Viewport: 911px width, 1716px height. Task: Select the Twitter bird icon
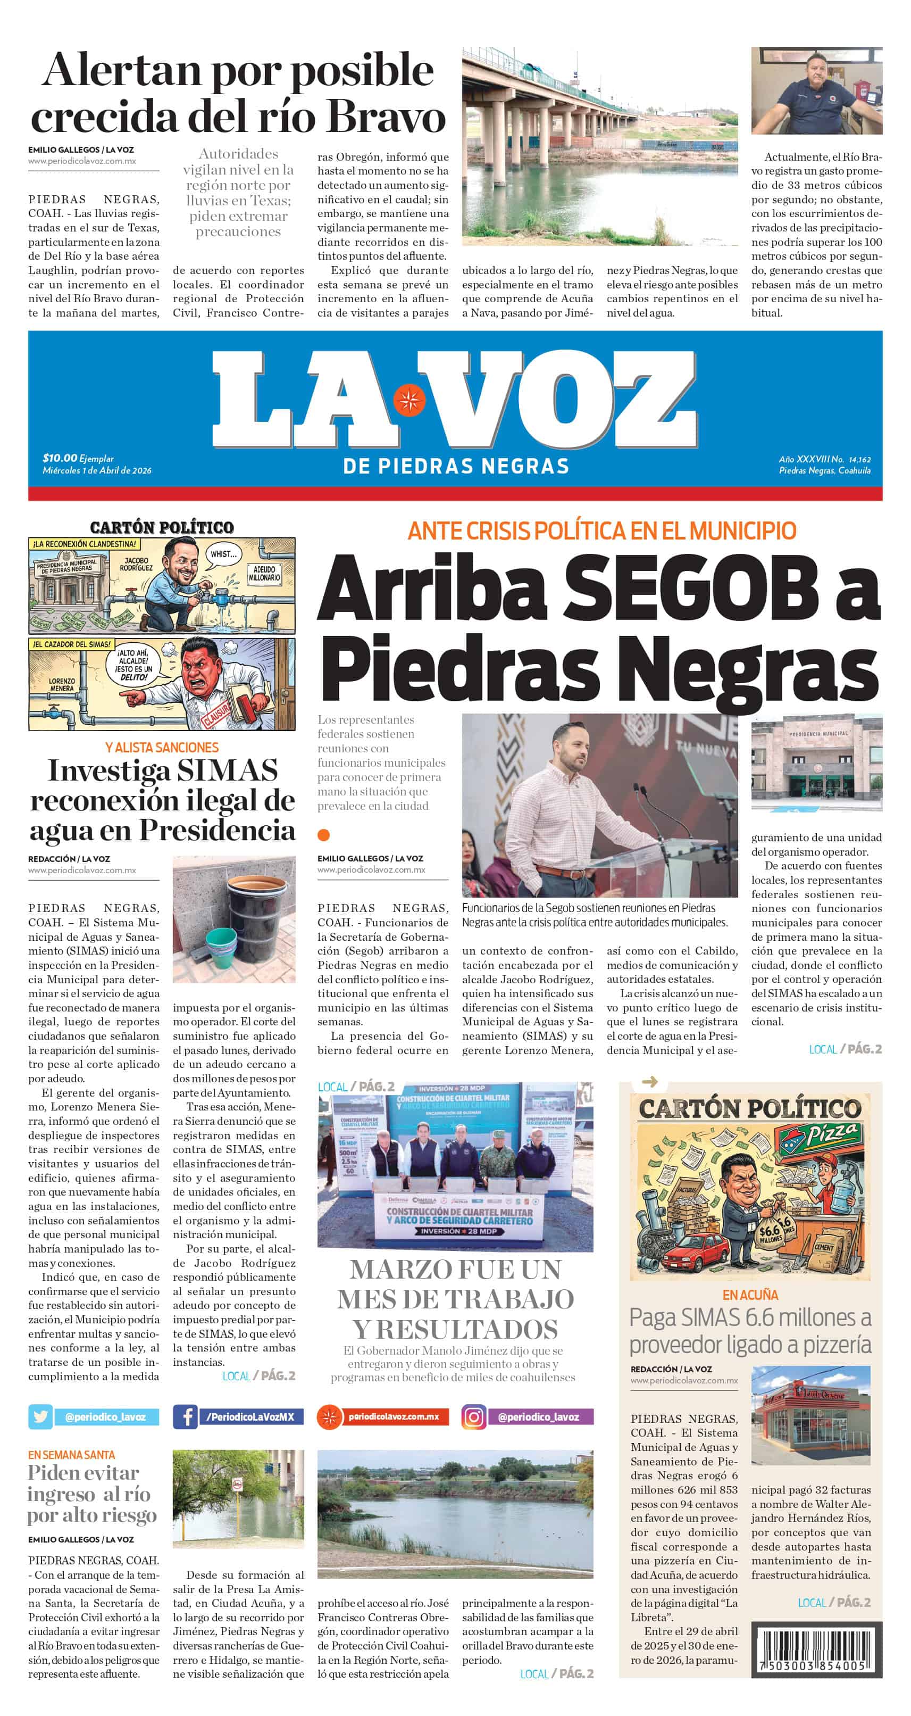pos(40,1417)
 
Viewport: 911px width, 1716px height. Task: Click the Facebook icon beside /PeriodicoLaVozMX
pos(185,1417)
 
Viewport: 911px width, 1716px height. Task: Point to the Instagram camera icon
pos(473,1417)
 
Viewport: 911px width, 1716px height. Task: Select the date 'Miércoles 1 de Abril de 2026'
pos(97,470)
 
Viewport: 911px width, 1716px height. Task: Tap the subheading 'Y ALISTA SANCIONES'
pos(162,748)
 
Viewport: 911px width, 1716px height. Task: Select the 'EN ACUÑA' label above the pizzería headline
pos(750,1295)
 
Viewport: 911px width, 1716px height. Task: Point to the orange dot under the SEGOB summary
pos(324,835)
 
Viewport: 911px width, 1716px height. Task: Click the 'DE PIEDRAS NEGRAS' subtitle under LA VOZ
pos(456,466)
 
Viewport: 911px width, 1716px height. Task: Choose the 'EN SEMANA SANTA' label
pos(71,1455)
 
